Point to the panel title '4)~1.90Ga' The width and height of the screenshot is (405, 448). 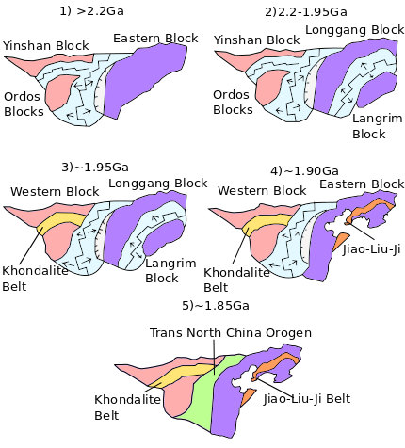coord(304,170)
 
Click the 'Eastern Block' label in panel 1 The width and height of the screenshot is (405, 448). coord(155,39)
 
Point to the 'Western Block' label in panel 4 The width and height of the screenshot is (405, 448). coord(253,191)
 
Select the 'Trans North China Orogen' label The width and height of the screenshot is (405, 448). coord(230,333)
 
